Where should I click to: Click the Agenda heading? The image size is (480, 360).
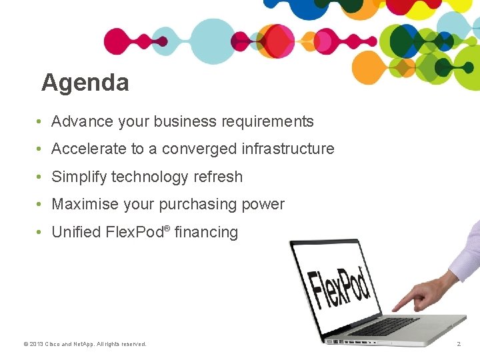coord(85,83)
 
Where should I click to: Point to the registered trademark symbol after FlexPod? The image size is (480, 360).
coord(167,229)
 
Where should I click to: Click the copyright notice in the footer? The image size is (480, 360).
coord(85,344)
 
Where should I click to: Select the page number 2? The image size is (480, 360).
coord(458,344)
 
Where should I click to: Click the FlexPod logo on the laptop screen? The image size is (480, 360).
coord(339,286)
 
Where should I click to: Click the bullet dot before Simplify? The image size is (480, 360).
coord(41,177)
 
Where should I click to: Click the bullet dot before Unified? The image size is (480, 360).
coord(41,232)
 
